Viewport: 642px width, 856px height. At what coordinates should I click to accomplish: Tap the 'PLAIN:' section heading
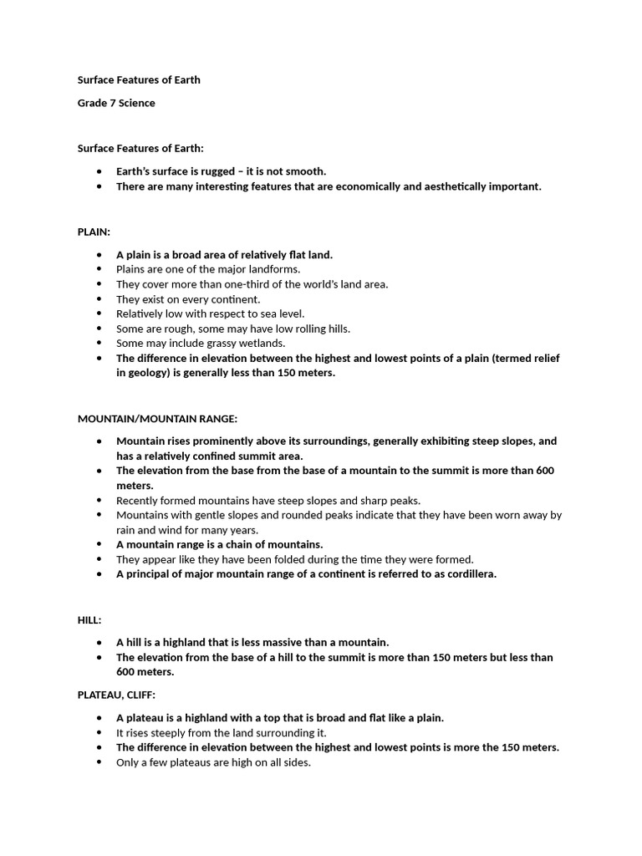click(x=94, y=232)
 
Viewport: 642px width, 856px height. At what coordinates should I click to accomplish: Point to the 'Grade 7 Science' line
click(x=116, y=103)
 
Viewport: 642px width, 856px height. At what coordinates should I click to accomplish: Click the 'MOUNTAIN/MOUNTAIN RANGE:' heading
click(x=157, y=418)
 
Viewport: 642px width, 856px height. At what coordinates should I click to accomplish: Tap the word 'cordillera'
click(x=468, y=574)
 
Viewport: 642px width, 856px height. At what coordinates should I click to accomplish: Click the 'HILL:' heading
click(x=89, y=619)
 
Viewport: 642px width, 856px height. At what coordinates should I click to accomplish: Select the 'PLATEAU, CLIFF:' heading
click(x=116, y=695)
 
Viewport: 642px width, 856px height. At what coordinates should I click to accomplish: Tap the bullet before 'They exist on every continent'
click(x=99, y=299)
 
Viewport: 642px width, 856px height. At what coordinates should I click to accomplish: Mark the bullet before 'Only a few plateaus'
click(x=99, y=762)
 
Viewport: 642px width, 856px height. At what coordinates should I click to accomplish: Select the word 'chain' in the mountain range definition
click(x=237, y=544)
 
